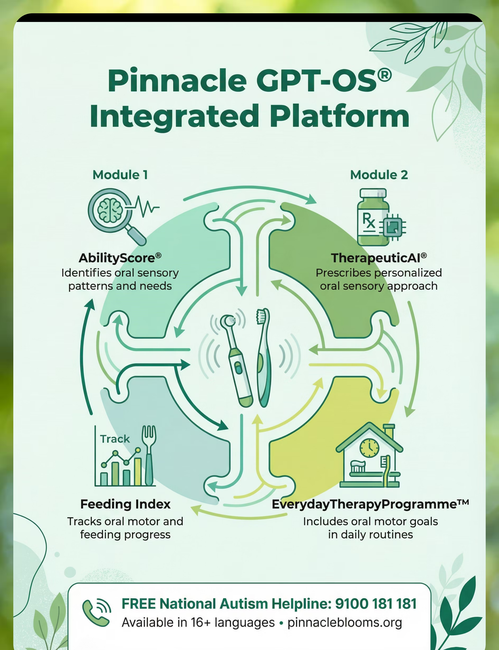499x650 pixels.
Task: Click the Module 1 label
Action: [120, 175]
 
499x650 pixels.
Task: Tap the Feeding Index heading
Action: [125, 504]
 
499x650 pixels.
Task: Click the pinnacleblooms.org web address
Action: [345, 622]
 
